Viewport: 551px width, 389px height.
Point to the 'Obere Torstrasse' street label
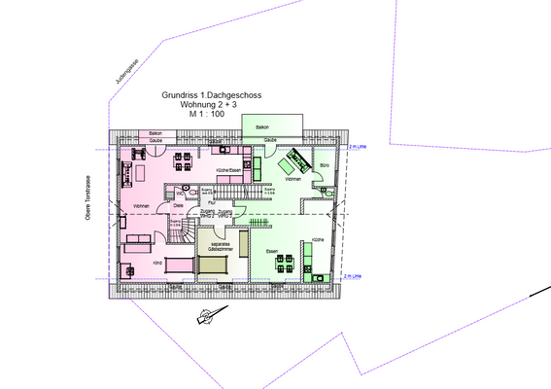(x=87, y=203)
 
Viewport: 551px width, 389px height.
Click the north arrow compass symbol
(x=207, y=314)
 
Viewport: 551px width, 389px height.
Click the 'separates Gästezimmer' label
(x=218, y=247)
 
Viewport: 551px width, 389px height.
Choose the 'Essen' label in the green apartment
(x=272, y=252)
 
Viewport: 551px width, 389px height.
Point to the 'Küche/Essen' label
(x=228, y=171)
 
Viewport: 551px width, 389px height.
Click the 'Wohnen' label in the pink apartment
(x=141, y=206)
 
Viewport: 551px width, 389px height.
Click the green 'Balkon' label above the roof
(x=261, y=127)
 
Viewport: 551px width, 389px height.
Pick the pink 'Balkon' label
(x=155, y=131)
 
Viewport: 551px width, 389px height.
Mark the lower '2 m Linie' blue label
(x=351, y=276)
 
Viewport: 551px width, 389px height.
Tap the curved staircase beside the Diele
(x=182, y=231)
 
